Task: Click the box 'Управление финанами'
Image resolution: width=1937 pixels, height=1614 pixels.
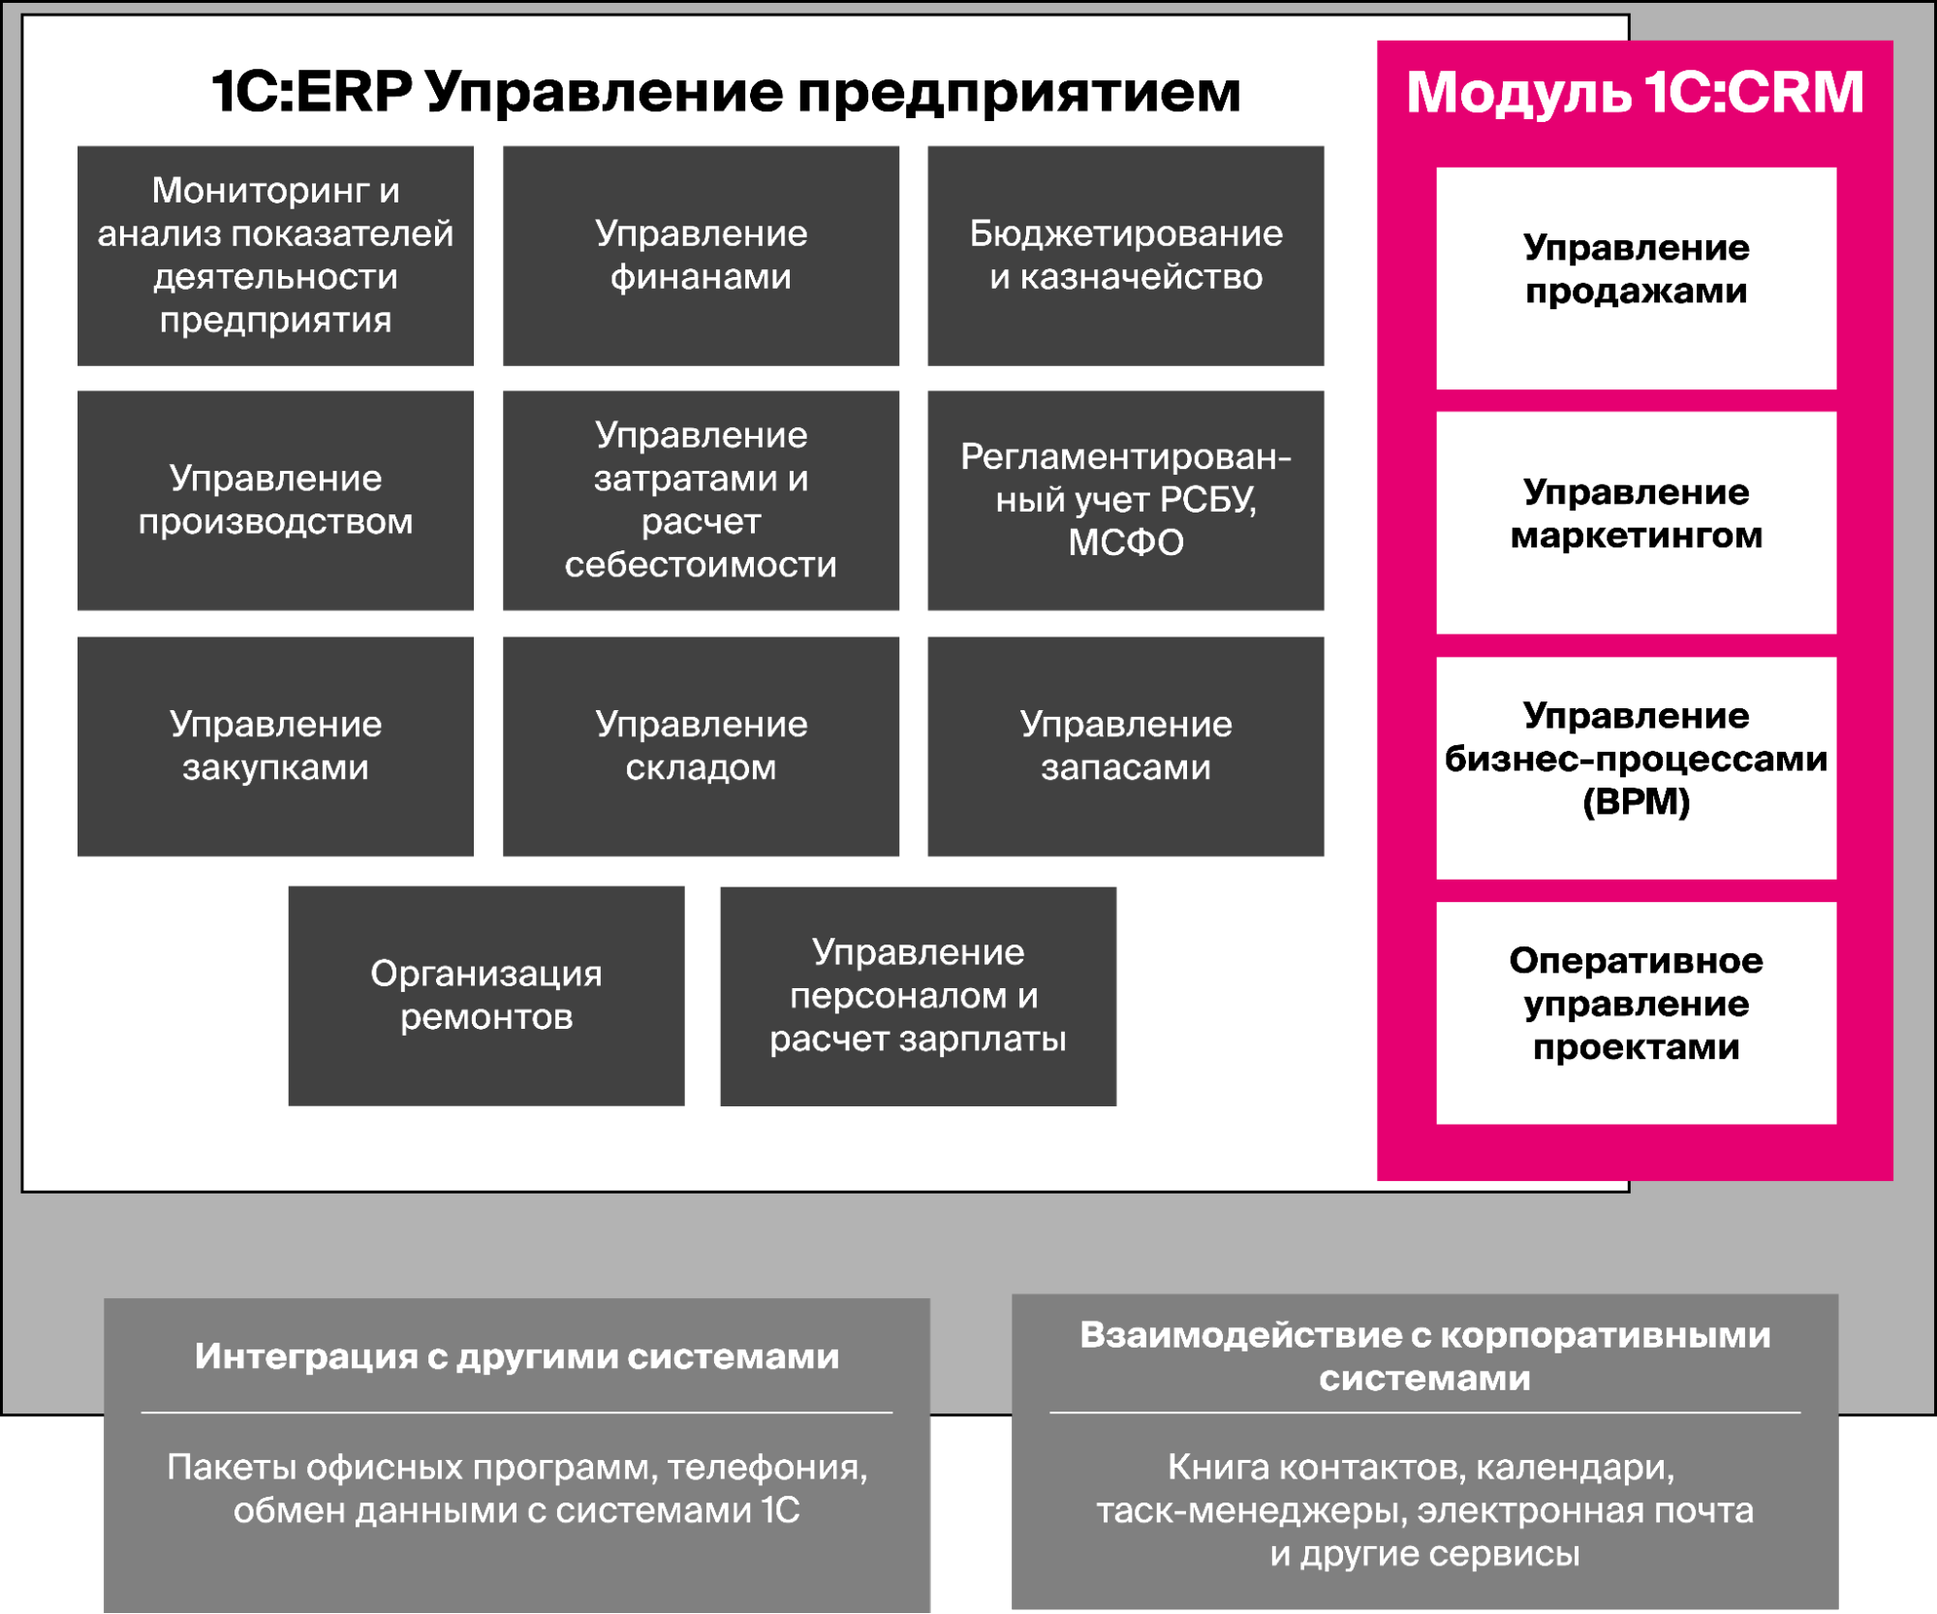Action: pos(701,256)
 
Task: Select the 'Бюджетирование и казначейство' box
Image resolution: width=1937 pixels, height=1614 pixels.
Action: pos(1125,256)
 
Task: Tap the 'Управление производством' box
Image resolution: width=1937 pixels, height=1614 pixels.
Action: pos(275,500)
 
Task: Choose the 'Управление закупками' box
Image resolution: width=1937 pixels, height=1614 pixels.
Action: pos(275,746)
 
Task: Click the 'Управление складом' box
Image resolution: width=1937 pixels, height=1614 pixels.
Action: pos(701,746)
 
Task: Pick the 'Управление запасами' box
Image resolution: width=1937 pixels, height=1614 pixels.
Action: pos(1125,746)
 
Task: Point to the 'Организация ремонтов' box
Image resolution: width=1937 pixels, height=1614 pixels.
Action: pos(485,995)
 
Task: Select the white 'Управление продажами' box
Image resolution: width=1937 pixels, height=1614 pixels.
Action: pos(1636,278)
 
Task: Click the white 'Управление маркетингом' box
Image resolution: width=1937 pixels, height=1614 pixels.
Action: pos(1636,522)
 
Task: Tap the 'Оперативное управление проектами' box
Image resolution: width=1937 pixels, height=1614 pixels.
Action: pos(1636,1012)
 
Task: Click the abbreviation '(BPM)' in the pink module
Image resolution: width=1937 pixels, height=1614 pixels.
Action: pos(1636,802)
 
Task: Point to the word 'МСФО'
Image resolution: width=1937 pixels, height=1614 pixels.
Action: pos(1125,543)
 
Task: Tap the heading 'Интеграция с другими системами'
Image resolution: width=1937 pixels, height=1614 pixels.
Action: pos(516,1356)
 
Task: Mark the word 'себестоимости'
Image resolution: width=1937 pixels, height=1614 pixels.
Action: pos(701,565)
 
